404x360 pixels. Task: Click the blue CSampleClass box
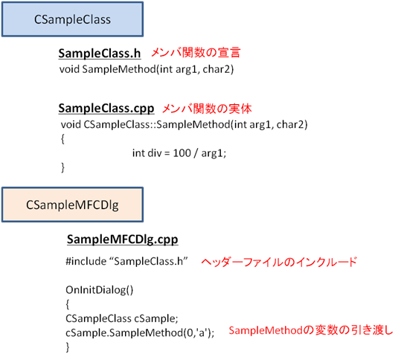72,19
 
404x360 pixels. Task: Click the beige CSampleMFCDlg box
72,205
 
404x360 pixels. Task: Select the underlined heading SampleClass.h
100,54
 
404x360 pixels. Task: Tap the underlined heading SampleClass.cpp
106,109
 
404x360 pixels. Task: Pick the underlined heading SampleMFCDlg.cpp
122,240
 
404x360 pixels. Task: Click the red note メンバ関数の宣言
196,53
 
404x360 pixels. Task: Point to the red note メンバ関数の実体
207,109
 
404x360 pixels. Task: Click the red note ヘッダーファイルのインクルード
279,262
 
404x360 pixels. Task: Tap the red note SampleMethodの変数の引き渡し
311,330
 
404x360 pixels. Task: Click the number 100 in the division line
182,153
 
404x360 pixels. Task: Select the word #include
86,261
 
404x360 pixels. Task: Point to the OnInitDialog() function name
100,290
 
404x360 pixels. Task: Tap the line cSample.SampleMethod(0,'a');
140,333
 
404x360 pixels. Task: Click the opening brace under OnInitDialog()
68,304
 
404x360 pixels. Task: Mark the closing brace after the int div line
62,167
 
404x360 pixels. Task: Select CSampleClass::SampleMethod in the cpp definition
157,125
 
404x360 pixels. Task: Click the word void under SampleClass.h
69,69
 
